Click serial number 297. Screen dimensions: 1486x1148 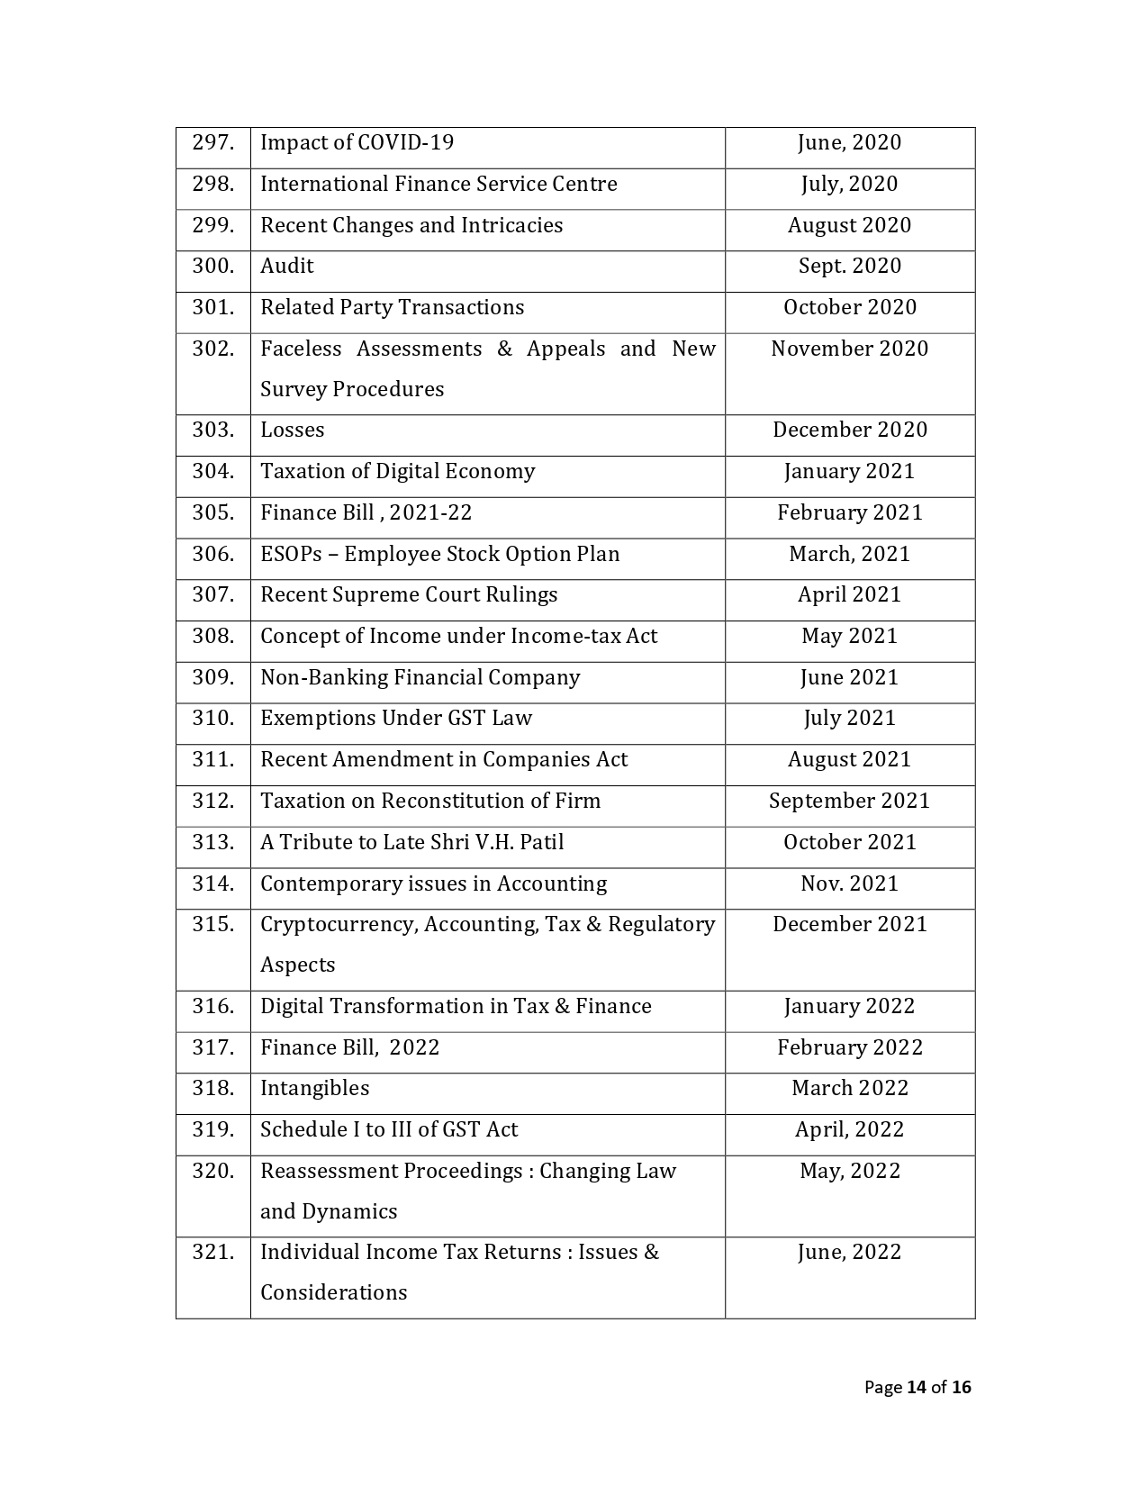(x=212, y=142)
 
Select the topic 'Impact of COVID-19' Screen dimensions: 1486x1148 (x=357, y=142)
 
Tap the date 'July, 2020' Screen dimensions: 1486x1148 (x=849, y=184)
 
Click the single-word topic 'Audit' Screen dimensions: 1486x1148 (x=287, y=266)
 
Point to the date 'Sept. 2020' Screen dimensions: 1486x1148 (x=849, y=266)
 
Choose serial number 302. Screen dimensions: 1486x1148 (x=212, y=349)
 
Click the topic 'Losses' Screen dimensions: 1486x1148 (x=292, y=430)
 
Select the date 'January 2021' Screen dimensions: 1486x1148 (x=849, y=471)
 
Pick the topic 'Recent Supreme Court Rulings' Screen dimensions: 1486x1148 (x=409, y=594)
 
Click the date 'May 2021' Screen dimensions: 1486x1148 (x=849, y=636)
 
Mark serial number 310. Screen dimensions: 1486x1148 (x=212, y=718)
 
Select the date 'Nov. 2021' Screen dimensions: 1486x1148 (x=849, y=883)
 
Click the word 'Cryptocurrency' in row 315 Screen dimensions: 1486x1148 (x=339, y=925)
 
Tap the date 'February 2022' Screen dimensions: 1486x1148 (x=849, y=1047)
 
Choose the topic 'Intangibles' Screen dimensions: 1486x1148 (x=314, y=1088)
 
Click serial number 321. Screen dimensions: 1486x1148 (x=212, y=1252)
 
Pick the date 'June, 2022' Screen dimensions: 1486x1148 (x=849, y=1252)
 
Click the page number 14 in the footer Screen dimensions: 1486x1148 (x=916, y=1387)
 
